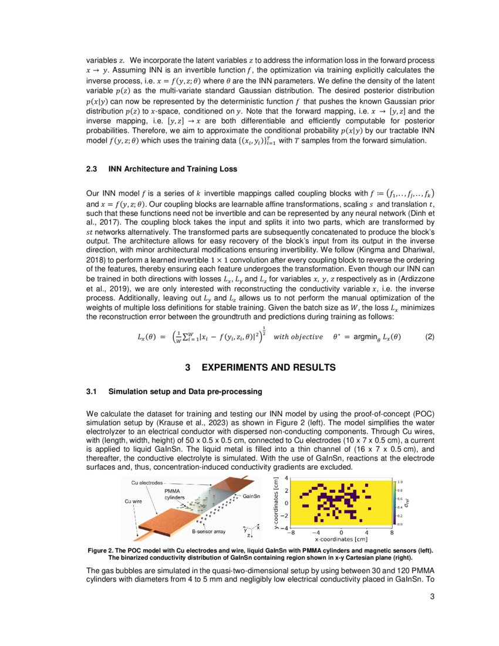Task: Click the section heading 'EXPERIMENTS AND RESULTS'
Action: coord(268,368)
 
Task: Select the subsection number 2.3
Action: coord(92,169)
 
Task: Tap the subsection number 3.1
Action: coord(92,391)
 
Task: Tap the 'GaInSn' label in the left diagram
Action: coord(254,497)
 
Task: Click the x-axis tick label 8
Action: coord(392,533)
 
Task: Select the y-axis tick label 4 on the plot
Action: coord(286,479)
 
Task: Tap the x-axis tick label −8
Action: coord(292,533)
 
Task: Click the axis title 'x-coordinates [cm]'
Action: coord(341,539)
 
